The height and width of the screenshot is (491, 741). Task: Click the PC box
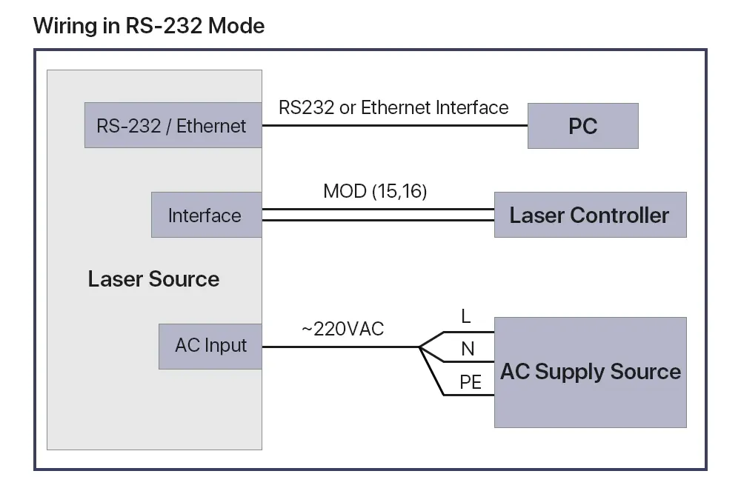coord(582,126)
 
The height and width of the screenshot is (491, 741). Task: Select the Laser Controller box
coord(591,215)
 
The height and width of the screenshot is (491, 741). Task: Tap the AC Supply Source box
coord(591,373)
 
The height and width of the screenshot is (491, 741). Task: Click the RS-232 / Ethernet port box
coord(173,125)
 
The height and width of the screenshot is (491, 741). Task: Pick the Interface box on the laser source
coord(207,215)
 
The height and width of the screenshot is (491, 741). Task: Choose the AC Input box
coord(210,347)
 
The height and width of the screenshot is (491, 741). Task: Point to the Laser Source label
coord(153,279)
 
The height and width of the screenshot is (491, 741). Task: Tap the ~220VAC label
coord(342,329)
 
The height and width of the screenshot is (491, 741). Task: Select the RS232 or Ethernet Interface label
coord(393,107)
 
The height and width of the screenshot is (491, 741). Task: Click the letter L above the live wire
coord(466,316)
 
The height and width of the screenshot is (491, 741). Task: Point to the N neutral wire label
coord(468,350)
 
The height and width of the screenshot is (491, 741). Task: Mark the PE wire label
coord(471,382)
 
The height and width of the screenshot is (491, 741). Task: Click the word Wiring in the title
coord(65,27)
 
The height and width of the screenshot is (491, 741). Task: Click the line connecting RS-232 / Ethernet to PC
coord(395,126)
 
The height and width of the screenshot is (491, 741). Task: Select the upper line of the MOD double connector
coord(378,209)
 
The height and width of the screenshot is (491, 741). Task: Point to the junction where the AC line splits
coord(419,347)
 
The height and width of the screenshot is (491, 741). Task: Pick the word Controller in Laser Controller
coord(619,216)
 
